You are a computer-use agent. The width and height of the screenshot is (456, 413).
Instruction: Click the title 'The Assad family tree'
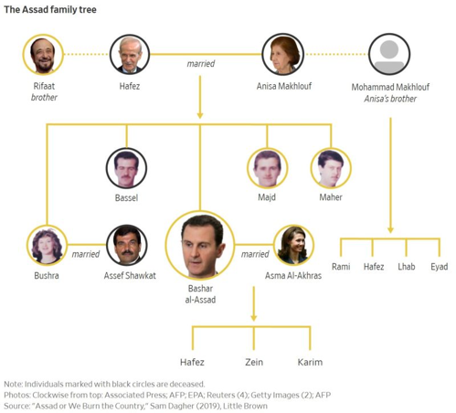click(x=50, y=10)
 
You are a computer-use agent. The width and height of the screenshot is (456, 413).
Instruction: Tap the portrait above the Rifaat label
click(x=43, y=55)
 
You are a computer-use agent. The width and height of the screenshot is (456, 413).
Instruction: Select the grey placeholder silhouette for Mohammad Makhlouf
click(x=389, y=55)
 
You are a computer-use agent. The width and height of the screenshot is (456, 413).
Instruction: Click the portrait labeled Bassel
click(x=126, y=168)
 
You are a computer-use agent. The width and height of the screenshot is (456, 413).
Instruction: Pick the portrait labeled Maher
click(x=331, y=168)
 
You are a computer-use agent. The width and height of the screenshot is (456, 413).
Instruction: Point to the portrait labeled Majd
click(x=267, y=168)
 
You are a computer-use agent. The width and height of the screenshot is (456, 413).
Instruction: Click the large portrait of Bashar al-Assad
click(x=200, y=245)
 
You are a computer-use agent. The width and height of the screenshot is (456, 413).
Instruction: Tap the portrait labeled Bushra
click(x=47, y=245)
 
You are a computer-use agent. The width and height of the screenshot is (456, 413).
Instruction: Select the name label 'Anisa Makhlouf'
click(x=284, y=86)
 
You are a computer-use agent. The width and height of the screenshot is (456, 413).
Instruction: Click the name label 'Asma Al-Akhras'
click(x=293, y=276)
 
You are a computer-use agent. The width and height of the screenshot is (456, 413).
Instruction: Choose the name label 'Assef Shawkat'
click(x=130, y=276)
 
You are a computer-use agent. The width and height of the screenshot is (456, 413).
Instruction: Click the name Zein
click(x=254, y=362)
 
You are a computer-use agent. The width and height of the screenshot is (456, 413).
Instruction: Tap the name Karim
click(x=310, y=362)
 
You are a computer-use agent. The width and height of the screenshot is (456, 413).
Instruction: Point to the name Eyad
click(x=440, y=267)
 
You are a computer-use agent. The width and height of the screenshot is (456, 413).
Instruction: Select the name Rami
click(x=341, y=267)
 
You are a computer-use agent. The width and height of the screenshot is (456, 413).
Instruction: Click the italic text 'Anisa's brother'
click(x=390, y=99)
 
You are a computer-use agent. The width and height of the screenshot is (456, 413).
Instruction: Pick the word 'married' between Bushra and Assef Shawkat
click(x=86, y=254)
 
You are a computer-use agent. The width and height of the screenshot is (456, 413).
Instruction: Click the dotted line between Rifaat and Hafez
click(x=87, y=55)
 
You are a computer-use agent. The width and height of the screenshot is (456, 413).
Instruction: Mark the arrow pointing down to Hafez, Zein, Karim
click(x=254, y=303)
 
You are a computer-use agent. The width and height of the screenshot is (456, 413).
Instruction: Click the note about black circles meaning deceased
click(x=104, y=384)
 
